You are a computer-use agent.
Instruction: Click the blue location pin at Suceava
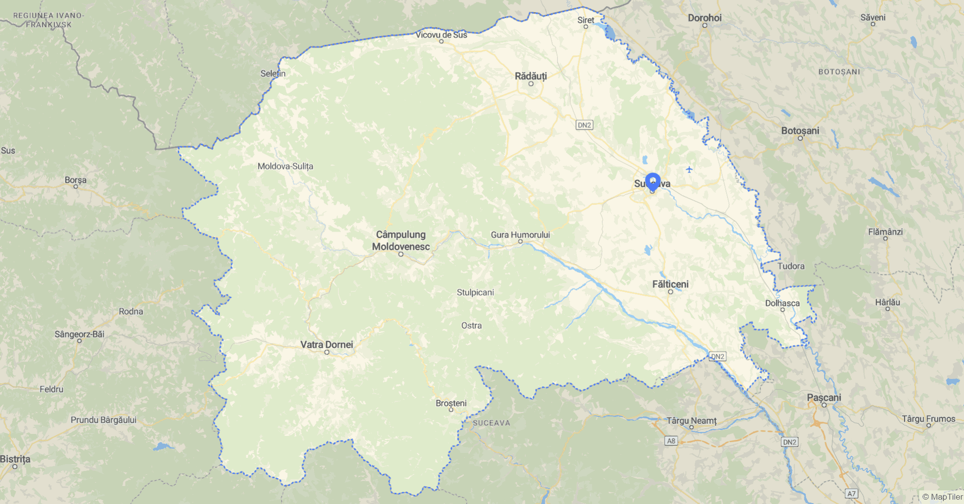[652, 181]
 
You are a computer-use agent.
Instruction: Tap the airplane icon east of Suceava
[689, 169]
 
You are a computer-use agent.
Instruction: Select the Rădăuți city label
[531, 76]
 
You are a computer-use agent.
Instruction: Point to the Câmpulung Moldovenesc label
[401, 240]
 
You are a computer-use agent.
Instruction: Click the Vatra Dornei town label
[327, 344]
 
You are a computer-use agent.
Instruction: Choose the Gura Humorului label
[520, 234]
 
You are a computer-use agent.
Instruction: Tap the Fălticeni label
[670, 284]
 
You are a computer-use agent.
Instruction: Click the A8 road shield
[671, 441]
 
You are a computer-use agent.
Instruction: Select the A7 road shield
[851, 493]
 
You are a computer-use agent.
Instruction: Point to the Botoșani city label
[800, 130]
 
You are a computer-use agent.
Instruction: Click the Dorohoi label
[704, 18]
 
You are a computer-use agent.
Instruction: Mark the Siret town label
[586, 20]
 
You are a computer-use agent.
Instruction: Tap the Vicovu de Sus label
[441, 35]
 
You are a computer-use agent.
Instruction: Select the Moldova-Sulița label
[285, 166]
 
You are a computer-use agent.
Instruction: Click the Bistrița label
[15, 459]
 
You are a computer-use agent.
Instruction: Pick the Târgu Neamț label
[691, 420]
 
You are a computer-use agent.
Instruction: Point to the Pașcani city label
[824, 397]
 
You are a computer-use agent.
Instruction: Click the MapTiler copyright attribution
[942, 497]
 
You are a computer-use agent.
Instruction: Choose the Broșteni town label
[451, 403]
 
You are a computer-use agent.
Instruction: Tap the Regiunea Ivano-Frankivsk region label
[48, 20]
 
